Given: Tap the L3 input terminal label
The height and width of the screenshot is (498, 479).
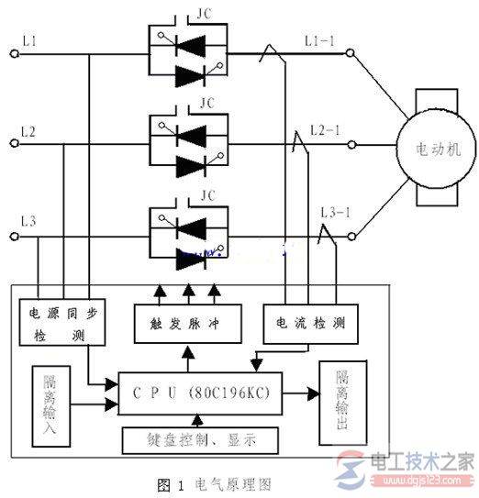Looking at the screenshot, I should tap(29, 221).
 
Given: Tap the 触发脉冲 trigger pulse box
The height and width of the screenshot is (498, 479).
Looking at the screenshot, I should tap(187, 324).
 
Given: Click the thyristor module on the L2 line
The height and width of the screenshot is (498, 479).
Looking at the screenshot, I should tap(189, 148).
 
